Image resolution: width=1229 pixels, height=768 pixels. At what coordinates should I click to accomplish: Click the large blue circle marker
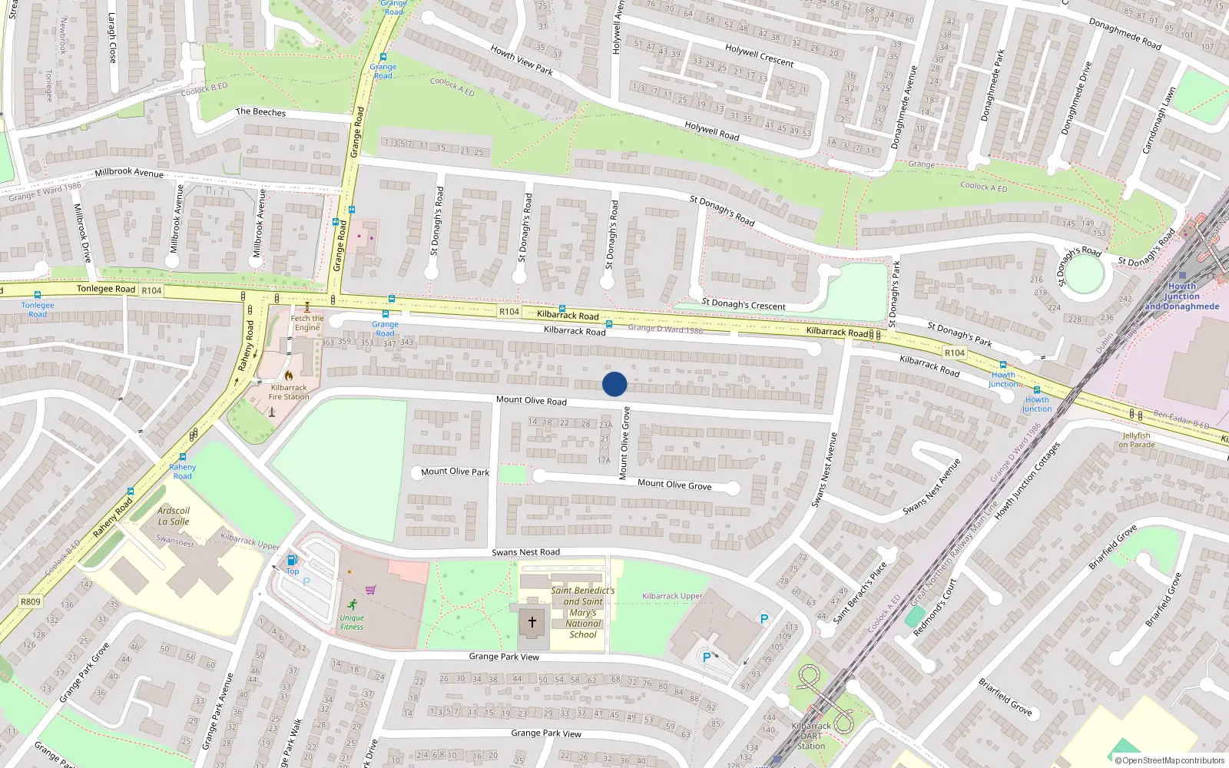(x=614, y=384)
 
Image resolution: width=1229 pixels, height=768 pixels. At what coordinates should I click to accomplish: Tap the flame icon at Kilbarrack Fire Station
(x=289, y=376)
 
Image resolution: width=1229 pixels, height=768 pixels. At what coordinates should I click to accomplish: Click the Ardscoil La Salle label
(x=174, y=516)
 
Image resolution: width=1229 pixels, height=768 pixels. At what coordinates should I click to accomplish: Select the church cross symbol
(x=532, y=622)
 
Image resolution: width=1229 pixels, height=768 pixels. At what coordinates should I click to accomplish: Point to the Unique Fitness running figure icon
(x=352, y=604)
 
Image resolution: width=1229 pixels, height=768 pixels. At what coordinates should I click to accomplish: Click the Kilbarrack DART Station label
(x=811, y=736)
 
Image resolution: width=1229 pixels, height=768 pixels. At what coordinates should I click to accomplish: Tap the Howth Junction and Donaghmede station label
(x=1182, y=296)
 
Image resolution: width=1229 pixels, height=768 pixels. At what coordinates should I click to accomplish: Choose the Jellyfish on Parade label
(x=1137, y=440)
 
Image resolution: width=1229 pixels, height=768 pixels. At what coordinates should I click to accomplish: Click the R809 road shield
(x=31, y=601)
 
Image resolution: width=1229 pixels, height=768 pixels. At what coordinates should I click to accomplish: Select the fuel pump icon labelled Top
(x=292, y=561)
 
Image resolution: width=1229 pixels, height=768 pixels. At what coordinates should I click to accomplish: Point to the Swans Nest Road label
(x=526, y=552)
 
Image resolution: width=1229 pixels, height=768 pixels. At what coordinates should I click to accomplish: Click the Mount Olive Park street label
(x=455, y=472)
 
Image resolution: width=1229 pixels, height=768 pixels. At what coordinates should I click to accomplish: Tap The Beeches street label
(x=260, y=112)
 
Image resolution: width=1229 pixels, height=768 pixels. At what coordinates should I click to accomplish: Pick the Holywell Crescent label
(x=759, y=55)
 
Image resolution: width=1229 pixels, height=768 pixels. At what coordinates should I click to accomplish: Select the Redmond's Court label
(x=935, y=607)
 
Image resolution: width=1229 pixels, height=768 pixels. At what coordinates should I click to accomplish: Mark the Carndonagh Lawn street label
(x=1159, y=121)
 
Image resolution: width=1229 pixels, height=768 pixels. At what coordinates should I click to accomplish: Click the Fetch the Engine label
(x=307, y=323)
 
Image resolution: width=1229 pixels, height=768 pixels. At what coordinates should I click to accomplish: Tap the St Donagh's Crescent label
(x=744, y=305)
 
